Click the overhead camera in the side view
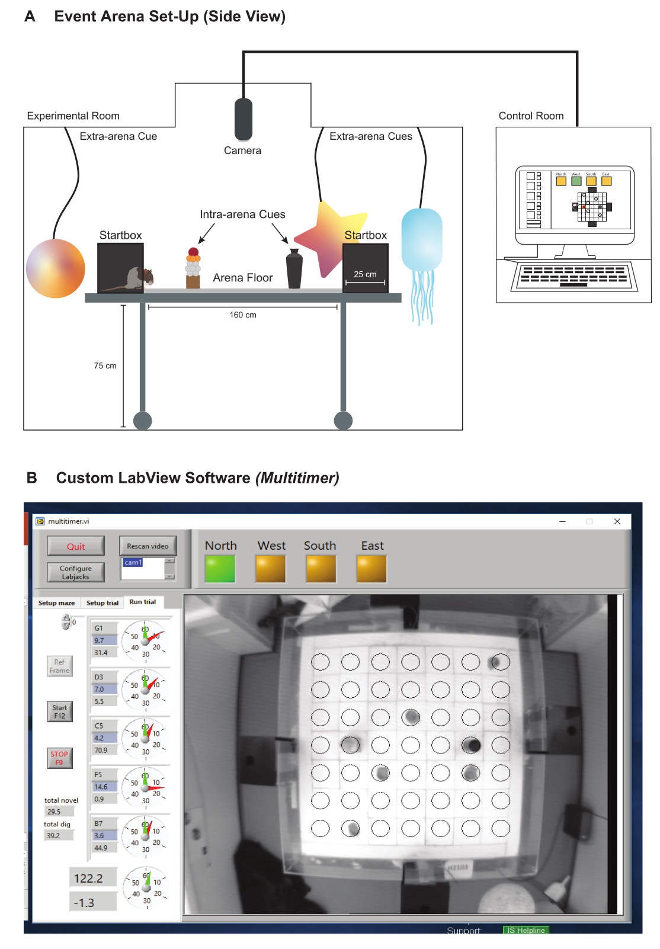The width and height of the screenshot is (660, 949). coord(243,119)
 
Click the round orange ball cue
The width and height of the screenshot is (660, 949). coord(55,268)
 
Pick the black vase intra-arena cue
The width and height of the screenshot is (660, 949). coord(294,270)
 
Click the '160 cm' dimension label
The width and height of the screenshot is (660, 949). coord(243,315)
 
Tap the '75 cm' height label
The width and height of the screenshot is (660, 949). coord(105,366)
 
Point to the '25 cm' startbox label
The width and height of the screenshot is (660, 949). coord(365,274)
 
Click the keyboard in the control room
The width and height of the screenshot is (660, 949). coord(574,277)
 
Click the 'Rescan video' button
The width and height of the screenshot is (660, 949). coord(148,546)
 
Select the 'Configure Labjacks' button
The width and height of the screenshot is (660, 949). coord(76,572)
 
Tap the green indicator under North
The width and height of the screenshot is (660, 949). coord(220,569)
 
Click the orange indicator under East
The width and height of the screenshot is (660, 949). coord(371,569)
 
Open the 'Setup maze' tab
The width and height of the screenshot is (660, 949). coord(56,603)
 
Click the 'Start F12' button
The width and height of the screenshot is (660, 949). coord(60,711)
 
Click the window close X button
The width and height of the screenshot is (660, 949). coord(617,521)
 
